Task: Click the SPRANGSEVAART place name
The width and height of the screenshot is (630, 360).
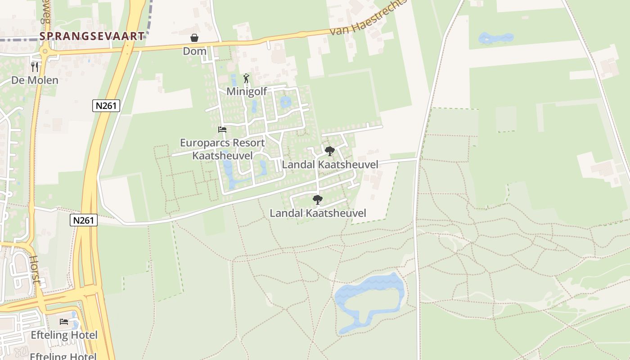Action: [92, 36]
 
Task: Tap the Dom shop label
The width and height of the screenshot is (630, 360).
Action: [194, 51]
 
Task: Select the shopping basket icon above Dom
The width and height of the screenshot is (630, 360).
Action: [194, 38]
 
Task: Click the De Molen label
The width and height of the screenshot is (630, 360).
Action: [35, 81]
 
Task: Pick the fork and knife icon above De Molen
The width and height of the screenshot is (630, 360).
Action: [35, 67]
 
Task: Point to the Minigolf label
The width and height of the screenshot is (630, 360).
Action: [247, 91]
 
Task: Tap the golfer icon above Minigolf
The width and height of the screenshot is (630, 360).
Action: [246, 79]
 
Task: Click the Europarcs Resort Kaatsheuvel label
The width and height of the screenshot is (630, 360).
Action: [222, 149]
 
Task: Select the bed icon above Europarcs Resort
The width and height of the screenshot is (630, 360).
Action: [222, 130]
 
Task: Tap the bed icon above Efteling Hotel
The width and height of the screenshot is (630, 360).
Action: [64, 322]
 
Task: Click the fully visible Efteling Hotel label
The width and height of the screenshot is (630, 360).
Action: [64, 335]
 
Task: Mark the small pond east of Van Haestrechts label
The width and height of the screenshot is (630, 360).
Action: [495, 38]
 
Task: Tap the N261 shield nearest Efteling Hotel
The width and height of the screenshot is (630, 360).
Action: [84, 220]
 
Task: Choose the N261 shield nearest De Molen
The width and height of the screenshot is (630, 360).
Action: [106, 106]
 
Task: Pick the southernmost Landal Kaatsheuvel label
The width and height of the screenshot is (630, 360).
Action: [318, 213]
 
